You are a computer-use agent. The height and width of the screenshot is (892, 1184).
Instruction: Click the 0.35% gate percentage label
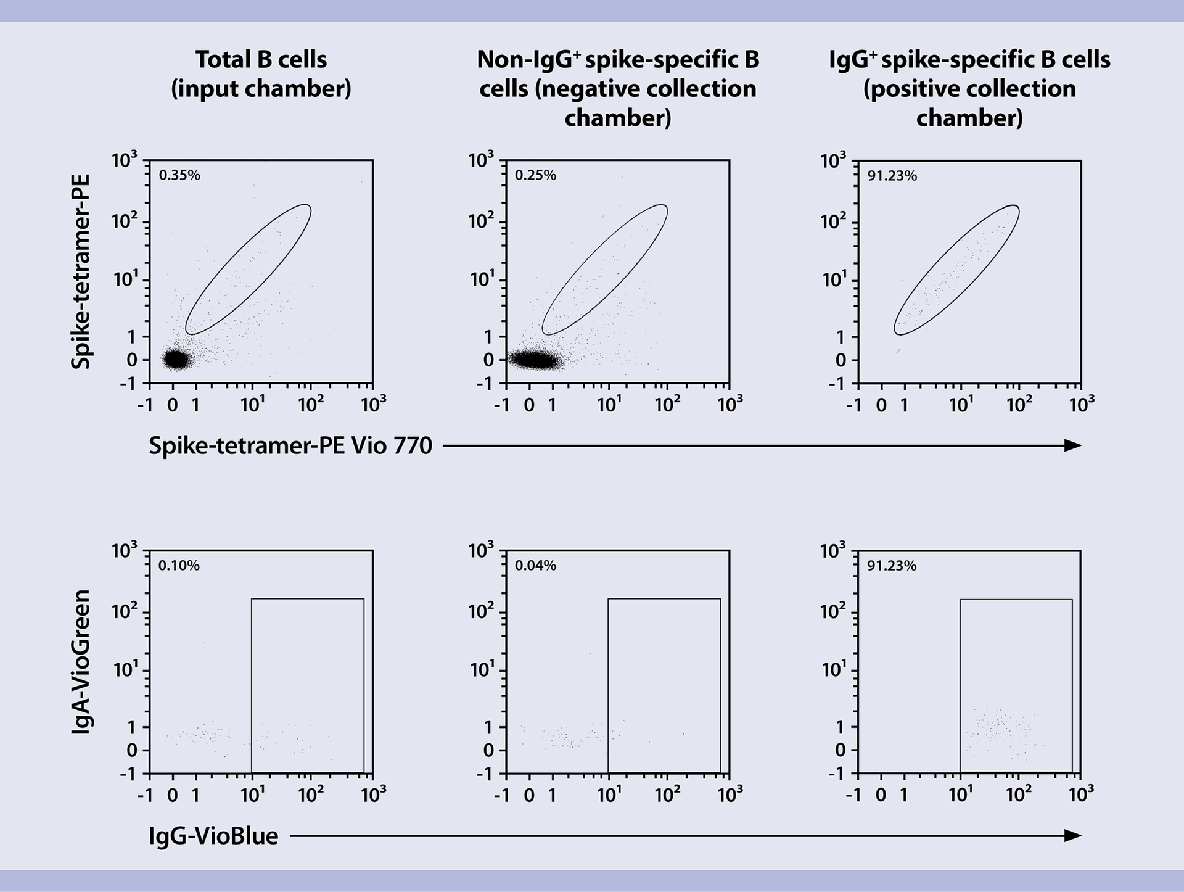pos(179,175)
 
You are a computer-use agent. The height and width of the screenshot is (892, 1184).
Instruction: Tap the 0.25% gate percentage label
pos(535,175)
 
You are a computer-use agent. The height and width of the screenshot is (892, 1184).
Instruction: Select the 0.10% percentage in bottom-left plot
pos(179,566)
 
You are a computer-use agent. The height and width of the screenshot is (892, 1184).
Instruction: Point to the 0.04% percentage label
pos(535,566)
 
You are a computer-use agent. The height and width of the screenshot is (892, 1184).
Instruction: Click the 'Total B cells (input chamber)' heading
pos(261,74)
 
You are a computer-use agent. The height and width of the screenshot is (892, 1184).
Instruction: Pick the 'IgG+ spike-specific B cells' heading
pos(969,88)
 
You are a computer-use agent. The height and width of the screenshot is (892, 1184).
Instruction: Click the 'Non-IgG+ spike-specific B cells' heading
pos(618,88)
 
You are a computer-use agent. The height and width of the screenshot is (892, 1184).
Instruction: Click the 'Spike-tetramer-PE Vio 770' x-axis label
pos(290,445)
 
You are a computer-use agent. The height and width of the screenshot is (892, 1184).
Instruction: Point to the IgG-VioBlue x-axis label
pos(213,836)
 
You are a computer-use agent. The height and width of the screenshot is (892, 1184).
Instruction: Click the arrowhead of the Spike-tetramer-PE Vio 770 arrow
pos(1074,445)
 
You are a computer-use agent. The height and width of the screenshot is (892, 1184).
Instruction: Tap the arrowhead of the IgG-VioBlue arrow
pos(1074,836)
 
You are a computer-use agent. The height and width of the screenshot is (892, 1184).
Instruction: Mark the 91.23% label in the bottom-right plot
pos(892,566)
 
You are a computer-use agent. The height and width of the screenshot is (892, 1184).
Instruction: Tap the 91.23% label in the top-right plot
pos(892,176)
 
